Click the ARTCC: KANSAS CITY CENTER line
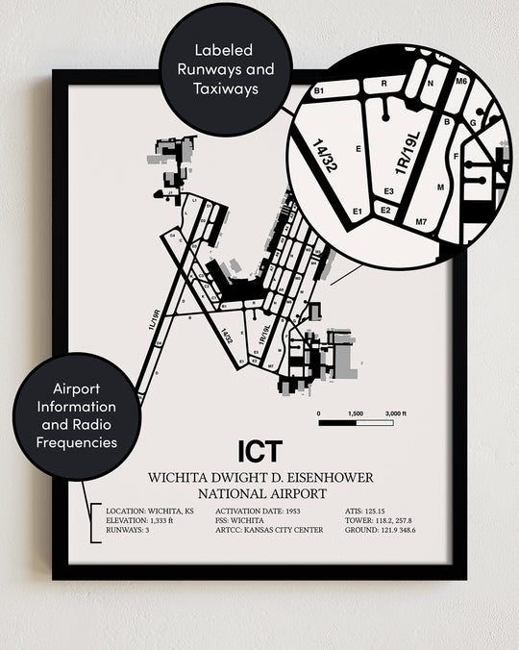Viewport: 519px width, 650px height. point(270,530)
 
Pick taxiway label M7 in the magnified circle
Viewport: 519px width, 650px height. point(421,222)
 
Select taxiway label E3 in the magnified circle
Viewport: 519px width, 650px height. point(387,191)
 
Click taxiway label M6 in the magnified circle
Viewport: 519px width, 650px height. point(461,83)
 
